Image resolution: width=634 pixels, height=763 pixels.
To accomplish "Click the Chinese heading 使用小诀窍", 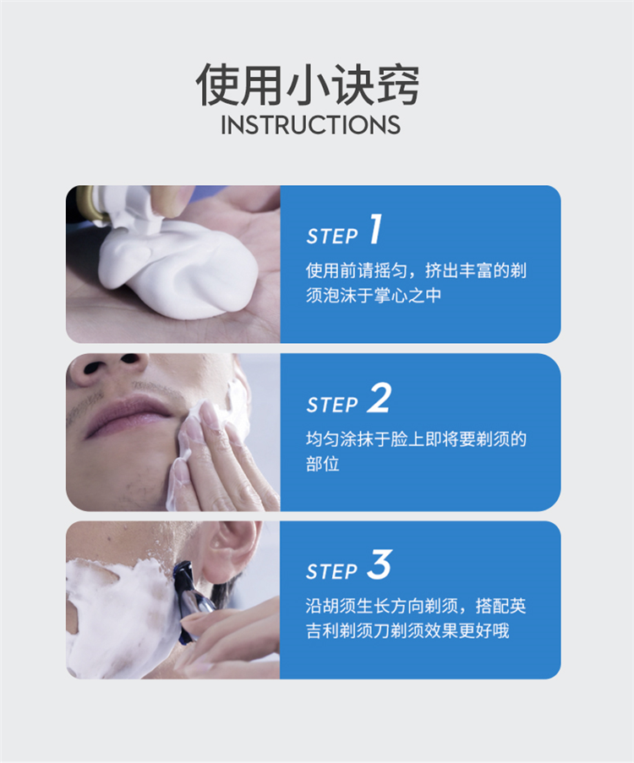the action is point(308,85).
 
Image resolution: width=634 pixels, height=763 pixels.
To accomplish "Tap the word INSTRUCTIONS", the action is point(311,125).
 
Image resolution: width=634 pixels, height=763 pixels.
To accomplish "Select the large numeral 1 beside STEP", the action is point(375,229).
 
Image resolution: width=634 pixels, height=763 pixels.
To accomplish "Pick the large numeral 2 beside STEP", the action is point(379,398).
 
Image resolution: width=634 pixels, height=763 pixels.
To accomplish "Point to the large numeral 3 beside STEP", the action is point(380,564).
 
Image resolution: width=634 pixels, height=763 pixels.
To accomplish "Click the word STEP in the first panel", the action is point(332,237).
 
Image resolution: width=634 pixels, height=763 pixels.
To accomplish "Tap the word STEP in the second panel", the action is point(332,405).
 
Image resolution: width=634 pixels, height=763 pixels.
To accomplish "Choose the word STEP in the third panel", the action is point(332,572).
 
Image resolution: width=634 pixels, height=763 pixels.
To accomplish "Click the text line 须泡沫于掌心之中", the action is point(374,296).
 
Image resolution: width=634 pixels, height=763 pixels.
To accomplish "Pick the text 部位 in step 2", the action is point(322,464).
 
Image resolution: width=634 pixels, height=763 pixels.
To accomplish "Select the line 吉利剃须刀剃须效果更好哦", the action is point(407,630).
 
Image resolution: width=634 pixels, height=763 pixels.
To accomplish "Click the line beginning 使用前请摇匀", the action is point(417,270).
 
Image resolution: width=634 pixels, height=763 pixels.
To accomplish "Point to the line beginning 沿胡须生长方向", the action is point(417,606).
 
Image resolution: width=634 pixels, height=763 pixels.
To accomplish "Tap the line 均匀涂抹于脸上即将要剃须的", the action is point(417,439).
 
